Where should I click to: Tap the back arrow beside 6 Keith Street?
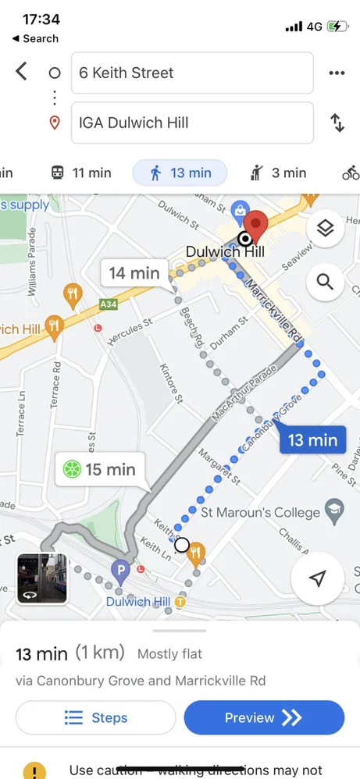[x=21, y=72]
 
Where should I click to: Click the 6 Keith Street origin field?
[x=192, y=73]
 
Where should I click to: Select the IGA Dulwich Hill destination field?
[x=192, y=123]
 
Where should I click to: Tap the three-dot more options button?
[x=337, y=73]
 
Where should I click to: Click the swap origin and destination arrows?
[x=337, y=123]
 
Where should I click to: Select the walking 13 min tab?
[x=180, y=173]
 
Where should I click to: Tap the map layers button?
[x=326, y=228]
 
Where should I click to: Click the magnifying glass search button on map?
[x=326, y=282]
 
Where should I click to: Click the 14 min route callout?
[x=134, y=273]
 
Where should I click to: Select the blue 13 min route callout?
[x=312, y=440]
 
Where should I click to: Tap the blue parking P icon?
[x=119, y=571]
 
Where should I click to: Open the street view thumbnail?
[x=42, y=579]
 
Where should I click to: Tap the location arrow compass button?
[x=317, y=578]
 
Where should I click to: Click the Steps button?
[x=96, y=717]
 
